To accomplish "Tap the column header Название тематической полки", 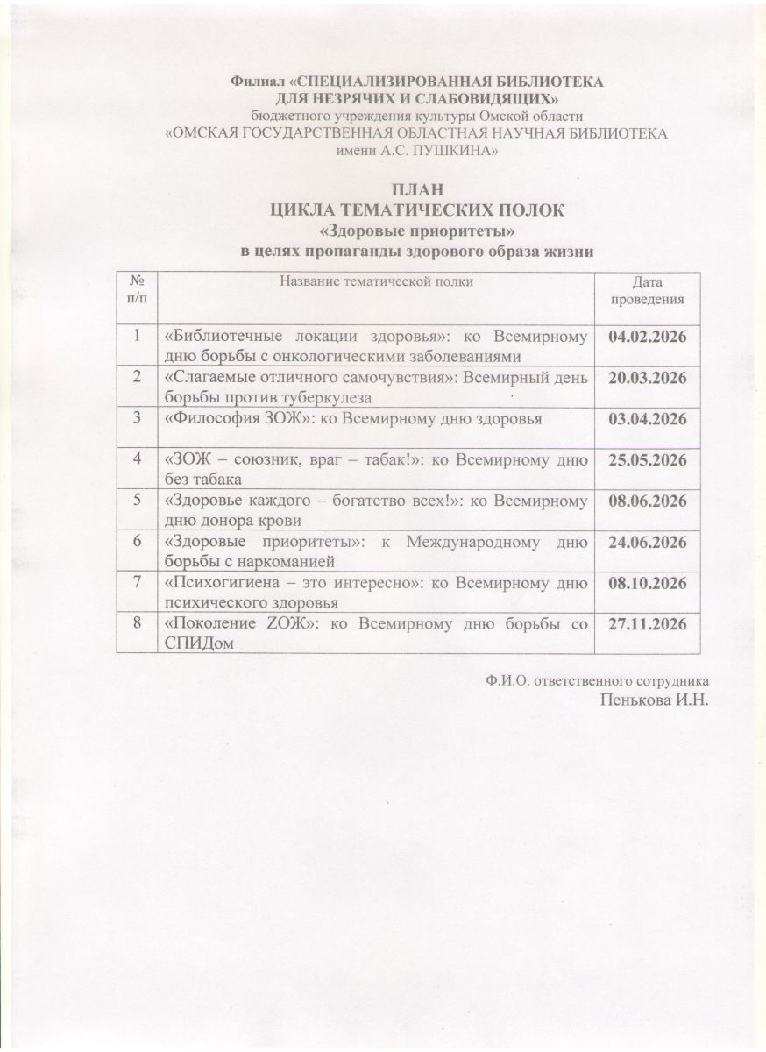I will tap(377, 281).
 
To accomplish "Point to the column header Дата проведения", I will tap(648, 290).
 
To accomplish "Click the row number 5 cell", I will tap(137, 501).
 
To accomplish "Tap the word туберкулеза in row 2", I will tap(337, 396).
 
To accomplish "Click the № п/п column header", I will tap(137, 290).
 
